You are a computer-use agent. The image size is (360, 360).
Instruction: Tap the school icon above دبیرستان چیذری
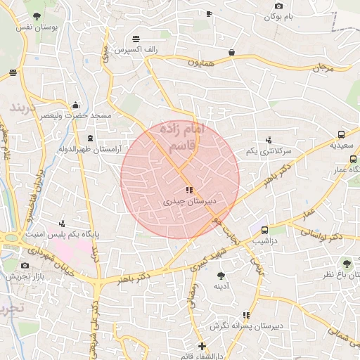click(x=188, y=190)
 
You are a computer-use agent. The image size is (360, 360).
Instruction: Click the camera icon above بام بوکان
click(x=278, y=6)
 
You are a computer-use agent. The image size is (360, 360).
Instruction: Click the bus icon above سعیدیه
click(x=341, y=134)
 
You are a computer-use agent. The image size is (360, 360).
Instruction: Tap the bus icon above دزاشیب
click(x=264, y=230)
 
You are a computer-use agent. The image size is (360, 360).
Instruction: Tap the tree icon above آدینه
click(x=221, y=276)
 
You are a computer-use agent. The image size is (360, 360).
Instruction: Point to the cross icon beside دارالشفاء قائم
click(x=202, y=346)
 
